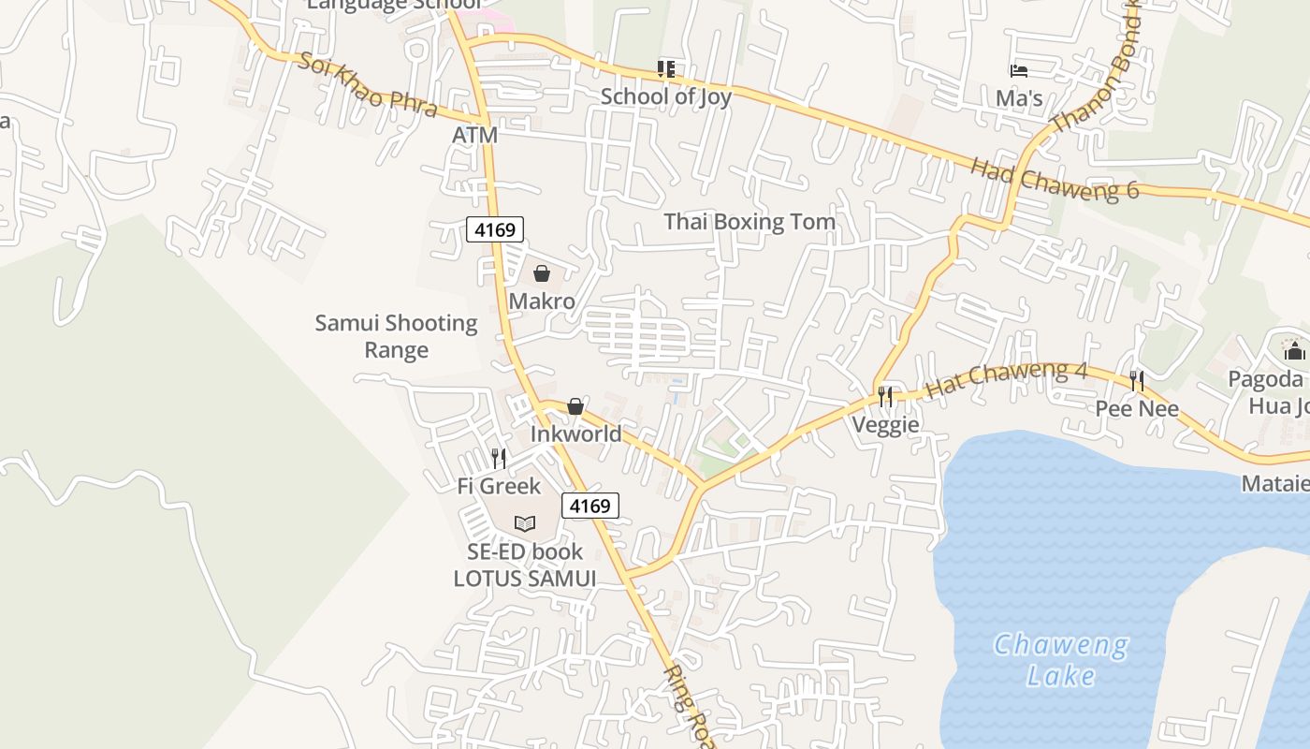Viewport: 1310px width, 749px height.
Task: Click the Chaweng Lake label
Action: pyautogui.click(x=1061, y=659)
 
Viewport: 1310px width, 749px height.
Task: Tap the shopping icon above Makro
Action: pyautogui.click(x=541, y=273)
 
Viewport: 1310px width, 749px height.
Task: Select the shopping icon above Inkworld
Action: pyautogui.click(x=575, y=406)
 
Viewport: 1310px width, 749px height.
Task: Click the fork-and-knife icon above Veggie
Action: pyautogui.click(x=885, y=397)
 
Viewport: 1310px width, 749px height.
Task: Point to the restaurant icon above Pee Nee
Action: pyautogui.click(x=1137, y=381)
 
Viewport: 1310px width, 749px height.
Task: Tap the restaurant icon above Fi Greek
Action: pyautogui.click(x=499, y=458)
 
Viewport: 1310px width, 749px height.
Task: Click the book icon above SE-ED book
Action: pyautogui.click(x=525, y=523)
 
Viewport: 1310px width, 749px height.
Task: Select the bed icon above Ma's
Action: pyautogui.click(x=1019, y=70)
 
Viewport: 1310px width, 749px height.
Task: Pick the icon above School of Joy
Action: pyautogui.click(x=665, y=68)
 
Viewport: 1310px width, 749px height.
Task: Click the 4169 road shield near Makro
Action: pyautogui.click(x=495, y=228)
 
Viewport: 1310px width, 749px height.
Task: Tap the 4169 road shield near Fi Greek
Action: pyautogui.click(x=590, y=506)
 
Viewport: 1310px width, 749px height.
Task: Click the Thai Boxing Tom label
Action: pyautogui.click(x=750, y=222)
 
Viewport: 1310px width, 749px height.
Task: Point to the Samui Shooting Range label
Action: pyautogui.click(x=396, y=336)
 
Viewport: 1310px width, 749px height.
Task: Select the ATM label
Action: pyautogui.click(x=474, y=135)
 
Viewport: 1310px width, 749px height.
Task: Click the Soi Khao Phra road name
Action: pyautogui.click(x=368, y=84)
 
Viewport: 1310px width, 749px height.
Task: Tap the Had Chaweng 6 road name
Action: pyautogui.click(x=1054, y=179)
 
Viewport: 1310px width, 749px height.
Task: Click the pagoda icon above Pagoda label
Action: pyautogui.click(x=1294, y=350)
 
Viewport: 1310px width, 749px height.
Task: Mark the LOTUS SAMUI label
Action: pyautogui.click(x=524, y=579)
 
